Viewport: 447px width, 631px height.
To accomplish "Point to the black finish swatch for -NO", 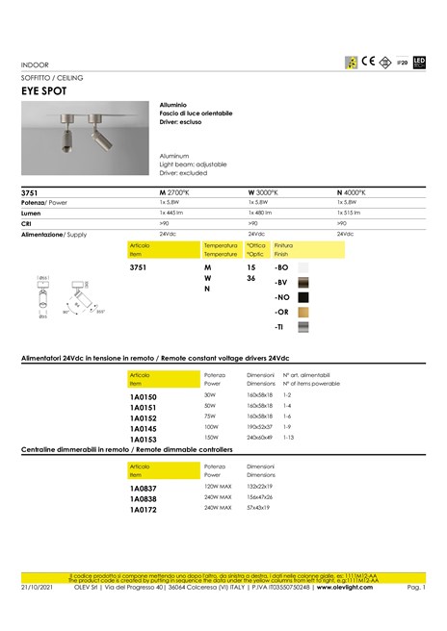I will (x=304, y=297).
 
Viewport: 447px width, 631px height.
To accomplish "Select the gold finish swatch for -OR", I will (x=304, y=313).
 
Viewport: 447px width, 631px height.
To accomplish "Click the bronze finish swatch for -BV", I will (x=304, y=282).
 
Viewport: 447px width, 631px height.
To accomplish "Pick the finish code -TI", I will (x=280, y=328).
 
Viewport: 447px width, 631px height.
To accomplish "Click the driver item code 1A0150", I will (x=143, y=395).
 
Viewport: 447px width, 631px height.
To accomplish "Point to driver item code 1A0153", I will (x=143, y=438).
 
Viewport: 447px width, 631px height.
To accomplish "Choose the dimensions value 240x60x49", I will (x=260, y=437).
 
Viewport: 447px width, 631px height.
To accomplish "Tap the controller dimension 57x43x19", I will (x=260, y=507).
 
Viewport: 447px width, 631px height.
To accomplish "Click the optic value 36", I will (x=250, y=278).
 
